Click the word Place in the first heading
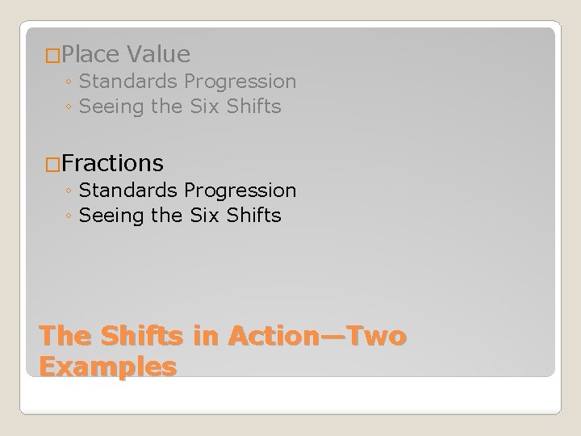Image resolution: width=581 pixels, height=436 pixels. [90, 54]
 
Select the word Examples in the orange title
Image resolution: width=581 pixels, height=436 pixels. [107, 367]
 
